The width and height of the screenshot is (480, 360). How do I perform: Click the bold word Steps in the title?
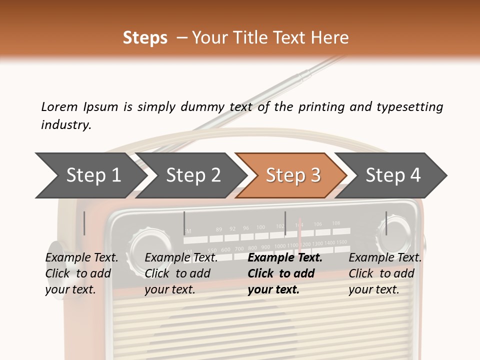[145, 38]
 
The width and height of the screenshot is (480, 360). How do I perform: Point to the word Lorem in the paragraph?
[59, 107]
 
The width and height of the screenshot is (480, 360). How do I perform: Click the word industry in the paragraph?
[65, 125]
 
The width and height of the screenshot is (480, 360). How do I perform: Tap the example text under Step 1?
[81, 273]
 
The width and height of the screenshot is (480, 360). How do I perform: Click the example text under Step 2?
[181, 273]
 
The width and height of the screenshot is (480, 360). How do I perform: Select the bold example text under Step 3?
[284, 273]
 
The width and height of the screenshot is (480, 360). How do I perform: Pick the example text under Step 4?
[384, 273]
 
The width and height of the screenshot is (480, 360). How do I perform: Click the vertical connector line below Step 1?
[84, 223]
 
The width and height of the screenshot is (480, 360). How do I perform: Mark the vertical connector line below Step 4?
[386, 223]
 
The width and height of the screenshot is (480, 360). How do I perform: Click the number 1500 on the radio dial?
[341, 242]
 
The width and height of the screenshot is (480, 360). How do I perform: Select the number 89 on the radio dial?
[219, 229]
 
